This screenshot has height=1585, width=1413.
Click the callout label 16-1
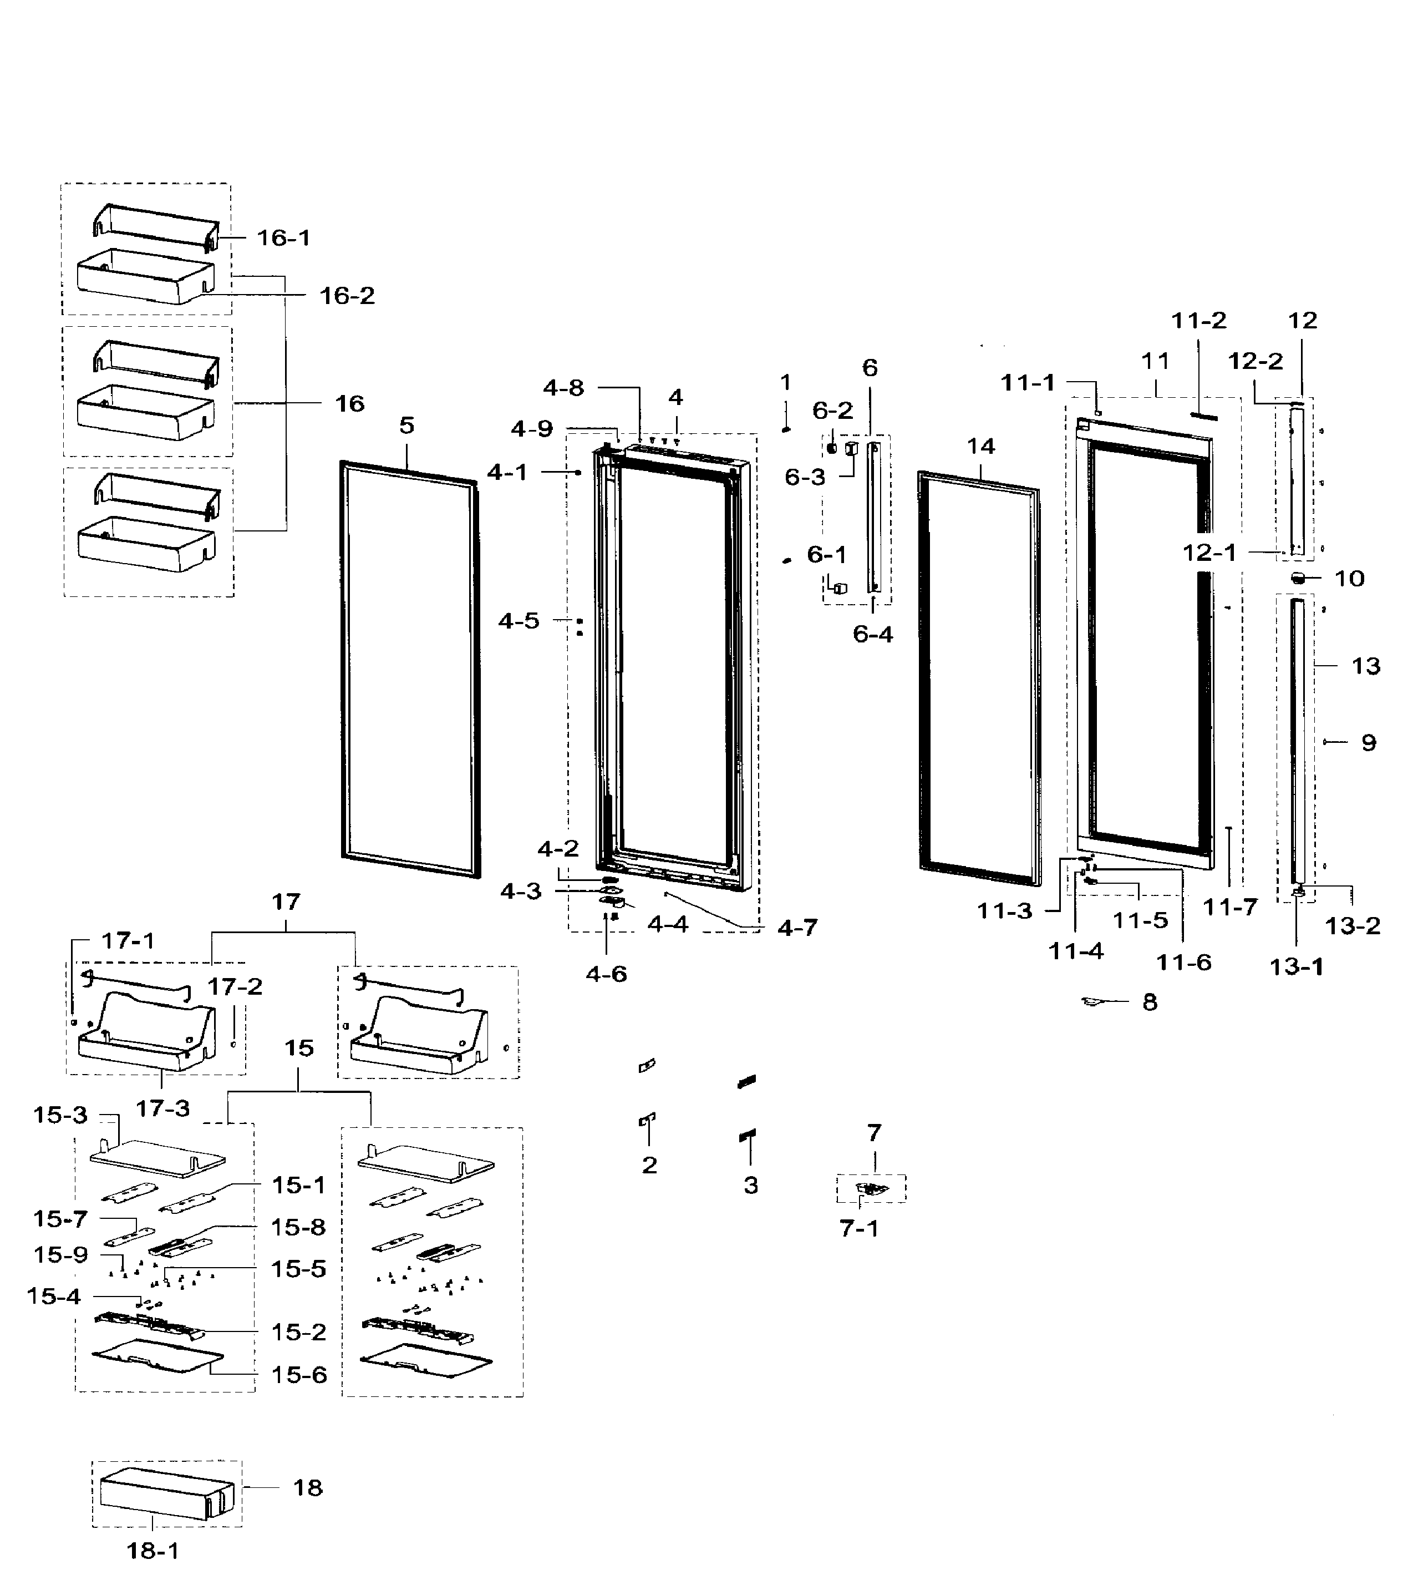coord(283,237)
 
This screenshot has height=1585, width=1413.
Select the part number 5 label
coord(407,426)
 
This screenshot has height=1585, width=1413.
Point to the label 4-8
coord(563,388)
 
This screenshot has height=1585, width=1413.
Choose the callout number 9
coord(1368,743)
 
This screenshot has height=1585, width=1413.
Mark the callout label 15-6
coord(299,1375)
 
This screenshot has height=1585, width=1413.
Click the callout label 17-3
coord(162,1109)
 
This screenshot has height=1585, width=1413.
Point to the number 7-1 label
coord(858,1228)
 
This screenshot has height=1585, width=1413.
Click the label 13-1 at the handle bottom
coord(1296,967)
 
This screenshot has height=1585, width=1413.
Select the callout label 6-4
coord(873,635)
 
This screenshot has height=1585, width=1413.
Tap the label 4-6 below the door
coord(606,974)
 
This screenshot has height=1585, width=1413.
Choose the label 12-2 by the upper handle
coord(1254,361)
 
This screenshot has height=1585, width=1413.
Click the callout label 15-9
coord(60,1255)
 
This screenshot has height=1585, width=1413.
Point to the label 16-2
coord(347,296)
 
